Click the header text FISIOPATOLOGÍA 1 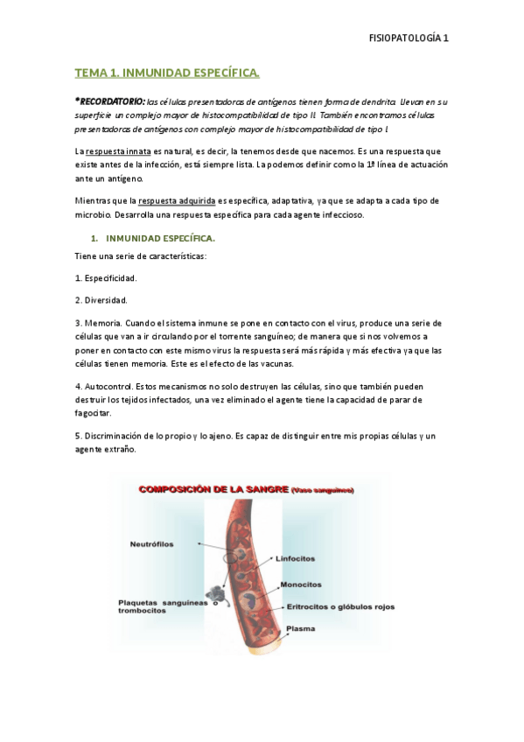[409, 38]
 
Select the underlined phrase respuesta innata [115, 152]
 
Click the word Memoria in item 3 [102, 322]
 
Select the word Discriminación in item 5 [115, 436]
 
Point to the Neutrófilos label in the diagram [151, 543]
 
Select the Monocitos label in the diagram [300, 584]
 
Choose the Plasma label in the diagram [301, 627]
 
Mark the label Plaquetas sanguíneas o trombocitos [162, 606]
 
